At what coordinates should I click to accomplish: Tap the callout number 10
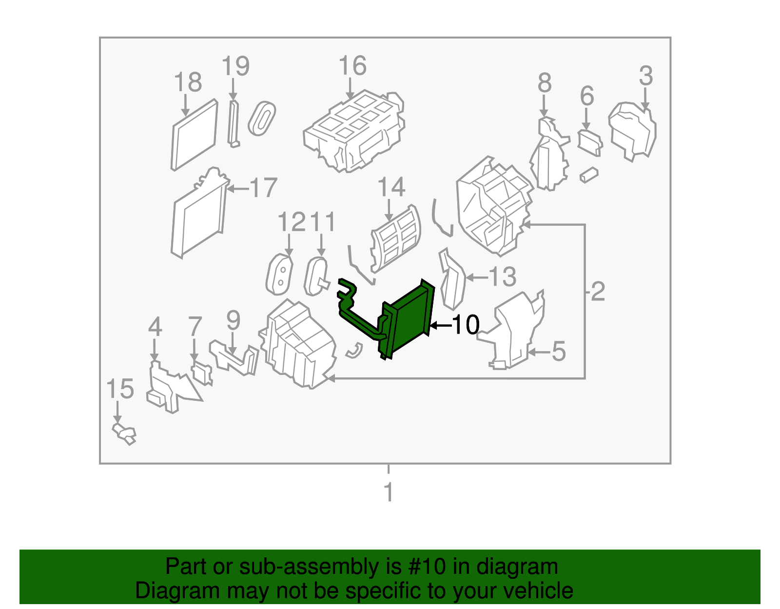tap(466, 325)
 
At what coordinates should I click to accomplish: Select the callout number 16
tap(352, 66)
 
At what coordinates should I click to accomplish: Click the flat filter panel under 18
tap(195, 135)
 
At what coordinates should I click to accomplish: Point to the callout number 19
tap(235, 66)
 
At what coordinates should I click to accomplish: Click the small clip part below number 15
tap(124, 434)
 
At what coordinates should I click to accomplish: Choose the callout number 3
tap(646, 76)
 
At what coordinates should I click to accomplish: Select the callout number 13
tap(503, 276)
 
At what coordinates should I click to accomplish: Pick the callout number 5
tap(559, 352)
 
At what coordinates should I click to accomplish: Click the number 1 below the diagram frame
tap(389, 492)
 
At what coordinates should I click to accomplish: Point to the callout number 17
tap(264, 188)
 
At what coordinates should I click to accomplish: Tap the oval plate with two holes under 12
tap(280, 274)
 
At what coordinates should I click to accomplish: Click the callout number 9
tap(234, 320)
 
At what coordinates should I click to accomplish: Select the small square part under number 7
tap(202, 374)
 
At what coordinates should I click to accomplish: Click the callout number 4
tap(155, 327)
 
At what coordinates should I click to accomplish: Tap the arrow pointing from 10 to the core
tap(440, 326)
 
